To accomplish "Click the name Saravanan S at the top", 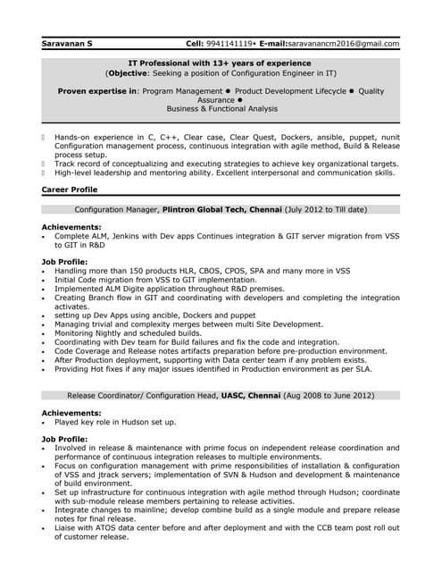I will [67, 43].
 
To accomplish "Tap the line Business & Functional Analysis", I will [221, 108].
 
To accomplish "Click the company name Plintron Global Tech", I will [210, 209].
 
